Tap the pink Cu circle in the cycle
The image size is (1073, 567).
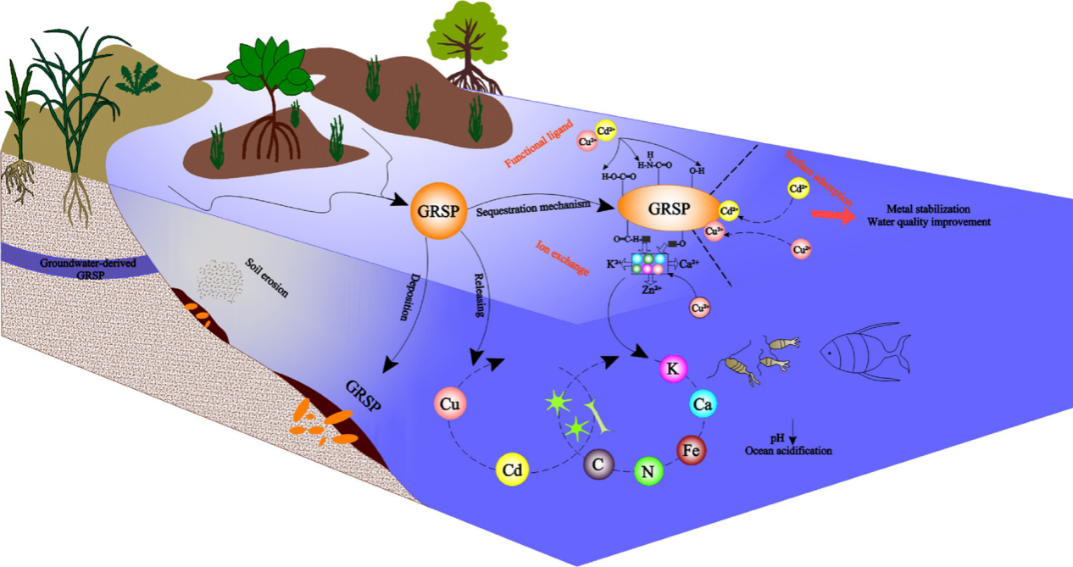(450, 405)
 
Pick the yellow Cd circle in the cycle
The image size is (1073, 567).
(513, 469)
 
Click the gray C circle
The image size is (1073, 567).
(599, 463)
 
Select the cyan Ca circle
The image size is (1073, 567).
(702, 406)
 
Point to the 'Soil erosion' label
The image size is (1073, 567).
(266, 278)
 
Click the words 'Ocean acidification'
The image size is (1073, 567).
(788, 450)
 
